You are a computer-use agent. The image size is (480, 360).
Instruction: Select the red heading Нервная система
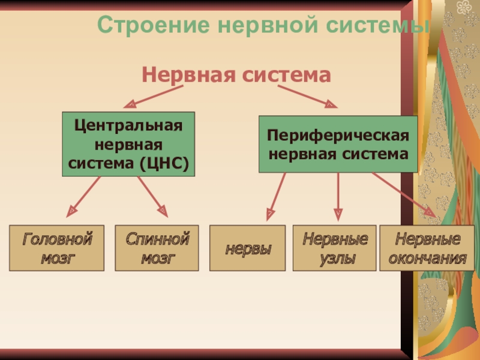pyautogui.click(x=236, y=75)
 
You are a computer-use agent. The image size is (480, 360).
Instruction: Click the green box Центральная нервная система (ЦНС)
pyautogui.click(x=128, y=144)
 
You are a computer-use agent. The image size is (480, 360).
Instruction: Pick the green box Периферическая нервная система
pyautogui.click(x=338, y=145)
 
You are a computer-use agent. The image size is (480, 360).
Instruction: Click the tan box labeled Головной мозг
pyautogui.click(x=57, y=248)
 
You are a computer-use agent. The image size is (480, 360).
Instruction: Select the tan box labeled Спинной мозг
pyautogui.click(x=158, y=248)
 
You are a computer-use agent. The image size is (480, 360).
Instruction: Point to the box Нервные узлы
pyautogui.click(x=335, y=248)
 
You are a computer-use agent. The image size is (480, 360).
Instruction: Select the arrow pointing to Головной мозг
pyautogui.click(x=83, y=196)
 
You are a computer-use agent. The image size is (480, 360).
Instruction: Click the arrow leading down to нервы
pyautogui.click(x=276, y=196)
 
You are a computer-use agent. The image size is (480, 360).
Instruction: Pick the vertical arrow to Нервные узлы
pyautogui.click(x=338, y=196)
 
